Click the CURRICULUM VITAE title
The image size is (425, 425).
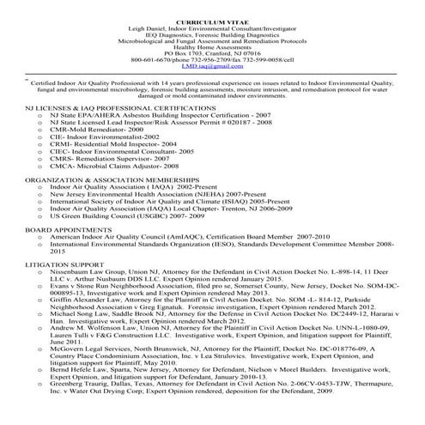pos(212,17)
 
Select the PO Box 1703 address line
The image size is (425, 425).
pos(212,52)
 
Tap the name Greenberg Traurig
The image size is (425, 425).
pos(80,382)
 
